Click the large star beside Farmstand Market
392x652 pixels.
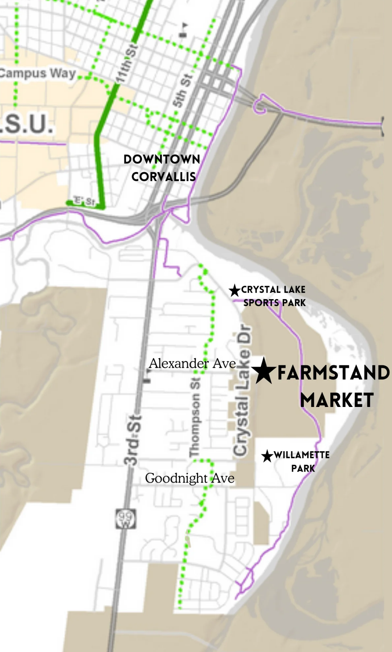tap(264, 371)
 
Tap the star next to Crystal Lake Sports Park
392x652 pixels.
tap(234, 290)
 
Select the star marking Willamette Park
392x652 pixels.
tap(267, 456)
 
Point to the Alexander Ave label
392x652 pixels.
tap(192, 363)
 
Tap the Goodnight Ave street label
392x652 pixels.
tap(189, 478)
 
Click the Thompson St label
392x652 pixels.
tap(195, 417)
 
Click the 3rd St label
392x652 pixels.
tap(132, 440)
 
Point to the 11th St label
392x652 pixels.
tap(126, 64)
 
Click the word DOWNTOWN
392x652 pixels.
tap(162, 159)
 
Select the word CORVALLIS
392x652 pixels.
tap(163, 177)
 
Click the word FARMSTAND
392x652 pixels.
tap(333, 373)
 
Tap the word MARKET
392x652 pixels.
tap(337, 400)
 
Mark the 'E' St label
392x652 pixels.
tap(84, 200)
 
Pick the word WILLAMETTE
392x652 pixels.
tap(302, 455)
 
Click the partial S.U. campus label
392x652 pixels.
tap(27, 123)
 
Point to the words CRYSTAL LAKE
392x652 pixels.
tap(273, 290)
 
